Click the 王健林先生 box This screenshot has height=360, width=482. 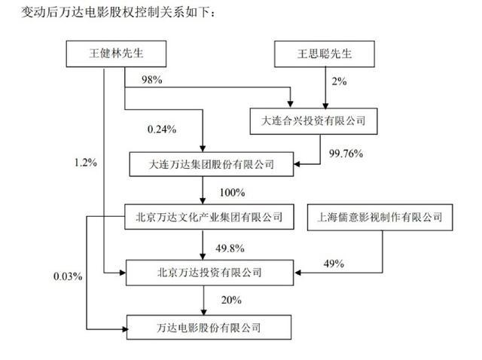[x=116, y=53]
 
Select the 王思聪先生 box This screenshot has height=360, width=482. [x=325, y=53]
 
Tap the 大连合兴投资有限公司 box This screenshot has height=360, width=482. [x=313, y=121]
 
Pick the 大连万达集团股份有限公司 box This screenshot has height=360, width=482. [x=212, y=164]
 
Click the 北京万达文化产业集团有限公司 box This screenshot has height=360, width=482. [x=209, y=217]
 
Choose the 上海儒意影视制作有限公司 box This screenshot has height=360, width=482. [x=380, y=217]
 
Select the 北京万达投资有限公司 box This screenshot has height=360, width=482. [x=209, y=273]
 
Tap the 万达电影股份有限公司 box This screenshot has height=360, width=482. [x=209, y=328]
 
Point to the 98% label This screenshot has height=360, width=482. [x=152, y=80]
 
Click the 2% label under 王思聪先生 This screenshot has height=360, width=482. [x=339, y=81]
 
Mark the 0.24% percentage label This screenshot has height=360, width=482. [x=162, y=129]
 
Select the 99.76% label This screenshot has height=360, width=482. [x=346, y=153]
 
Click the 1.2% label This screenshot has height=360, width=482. [x=85, y=163]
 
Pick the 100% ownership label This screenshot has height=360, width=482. [x=232, y=193]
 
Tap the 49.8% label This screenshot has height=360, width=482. [x=230, y=248]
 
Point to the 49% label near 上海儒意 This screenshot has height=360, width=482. [x=334, y=264]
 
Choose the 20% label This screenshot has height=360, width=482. [x=231, y=300]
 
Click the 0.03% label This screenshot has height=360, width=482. [x=68, y=276]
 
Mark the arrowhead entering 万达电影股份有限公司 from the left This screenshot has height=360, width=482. [x=125, y=329]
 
